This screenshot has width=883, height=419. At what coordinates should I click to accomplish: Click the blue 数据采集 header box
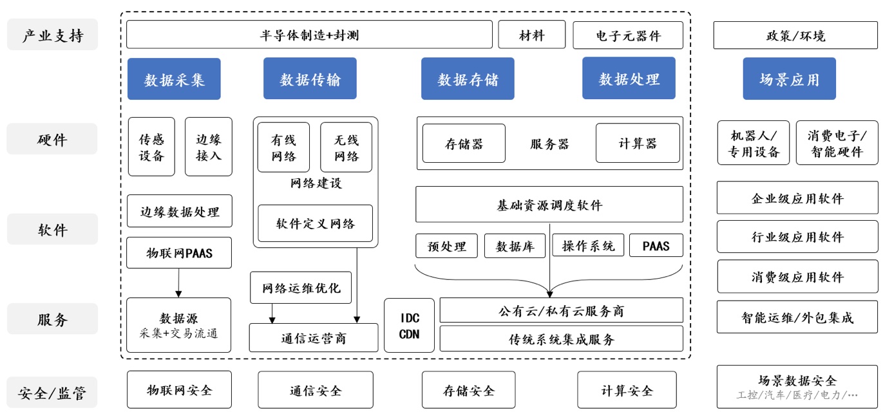(x=174, y=79)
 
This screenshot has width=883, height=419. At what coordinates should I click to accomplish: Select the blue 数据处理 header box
(x=629, y=79)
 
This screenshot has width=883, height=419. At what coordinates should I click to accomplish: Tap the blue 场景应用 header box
(x=789, y=79)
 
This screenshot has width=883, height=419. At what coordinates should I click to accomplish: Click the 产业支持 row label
(x=52, y=35)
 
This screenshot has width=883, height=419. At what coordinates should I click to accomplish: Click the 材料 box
(x=531, y=35)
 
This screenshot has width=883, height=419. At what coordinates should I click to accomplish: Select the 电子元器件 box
(x=627, y=35)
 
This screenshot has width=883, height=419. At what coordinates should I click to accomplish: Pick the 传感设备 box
(x=151, y=147)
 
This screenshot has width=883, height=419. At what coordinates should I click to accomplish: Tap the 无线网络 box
(x=346, y=147)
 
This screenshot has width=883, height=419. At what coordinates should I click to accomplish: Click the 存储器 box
(x=464, y=144)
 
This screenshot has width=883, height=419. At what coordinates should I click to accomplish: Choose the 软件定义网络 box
(x=316, y=223)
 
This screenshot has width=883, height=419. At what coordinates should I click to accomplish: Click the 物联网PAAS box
(x=179, y=253)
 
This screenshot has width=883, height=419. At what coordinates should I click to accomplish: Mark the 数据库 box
(x=514, y=246)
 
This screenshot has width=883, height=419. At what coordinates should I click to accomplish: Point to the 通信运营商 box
(x=314, y=338)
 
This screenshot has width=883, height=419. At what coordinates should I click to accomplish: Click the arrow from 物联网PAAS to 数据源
(x=179, y=283)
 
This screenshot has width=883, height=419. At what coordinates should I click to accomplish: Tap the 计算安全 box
(x=627, y=390)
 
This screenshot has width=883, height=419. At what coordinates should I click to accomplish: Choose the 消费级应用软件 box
(x=797, y=277)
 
